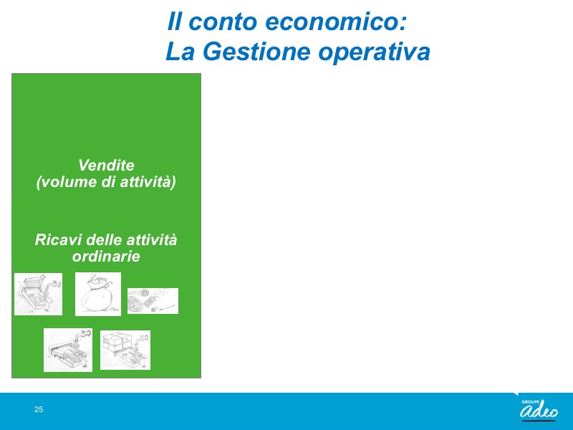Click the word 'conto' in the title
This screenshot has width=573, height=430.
[223, 21]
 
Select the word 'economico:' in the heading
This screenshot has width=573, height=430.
[336, 21]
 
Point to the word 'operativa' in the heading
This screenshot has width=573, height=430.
[374, 52]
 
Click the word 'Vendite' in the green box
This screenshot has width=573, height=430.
[106, 166]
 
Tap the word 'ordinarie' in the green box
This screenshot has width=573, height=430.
[106, 256]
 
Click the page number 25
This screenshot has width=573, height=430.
[39, 409]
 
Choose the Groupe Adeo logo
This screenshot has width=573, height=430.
[539, 409]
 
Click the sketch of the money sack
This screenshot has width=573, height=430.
[98, 294]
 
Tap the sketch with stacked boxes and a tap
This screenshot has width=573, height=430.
[125, 350]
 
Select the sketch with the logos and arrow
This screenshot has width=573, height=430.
[153, 301]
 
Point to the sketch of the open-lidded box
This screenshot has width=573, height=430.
[39, 294]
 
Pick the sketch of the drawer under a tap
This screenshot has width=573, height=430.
[68, 350]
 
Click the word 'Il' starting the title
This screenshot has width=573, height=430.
[174, 21]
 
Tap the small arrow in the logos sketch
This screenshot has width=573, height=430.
[165, 309]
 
